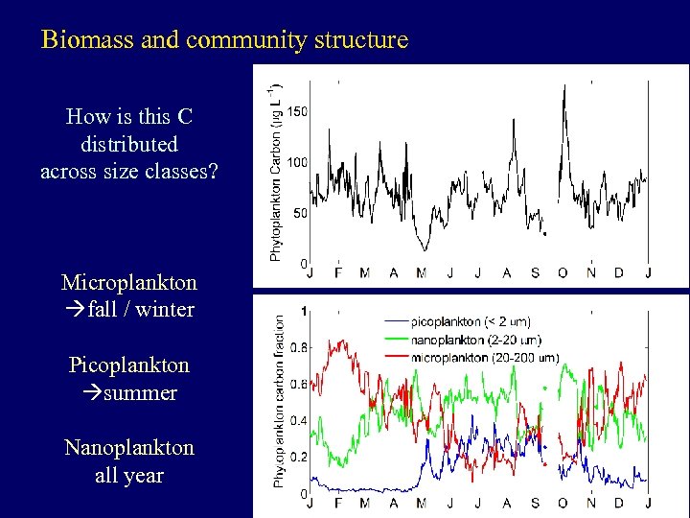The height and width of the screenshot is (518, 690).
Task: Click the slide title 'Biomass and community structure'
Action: pos(224,40)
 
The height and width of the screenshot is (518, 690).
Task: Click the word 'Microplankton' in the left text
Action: pos(129,283)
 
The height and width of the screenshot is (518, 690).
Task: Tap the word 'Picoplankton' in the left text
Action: pos(129,365)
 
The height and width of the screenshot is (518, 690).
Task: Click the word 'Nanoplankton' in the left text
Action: pos(129,448)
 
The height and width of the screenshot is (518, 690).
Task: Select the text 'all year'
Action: pos(129,475)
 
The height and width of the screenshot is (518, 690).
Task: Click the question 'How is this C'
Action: pos(129,117)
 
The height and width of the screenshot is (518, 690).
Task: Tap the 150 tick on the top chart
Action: pos(297,112)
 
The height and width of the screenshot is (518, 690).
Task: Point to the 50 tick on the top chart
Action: pos(300,213)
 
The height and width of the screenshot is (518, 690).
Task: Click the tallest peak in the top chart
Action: pos(564,86)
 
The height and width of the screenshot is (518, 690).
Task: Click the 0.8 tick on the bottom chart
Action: pos(300,347)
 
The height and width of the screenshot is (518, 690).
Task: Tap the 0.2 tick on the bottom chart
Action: pos(300,458)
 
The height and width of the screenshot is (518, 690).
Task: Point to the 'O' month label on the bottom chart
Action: pos(563,504)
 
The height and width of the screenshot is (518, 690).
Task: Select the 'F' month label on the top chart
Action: pos(337,273)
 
